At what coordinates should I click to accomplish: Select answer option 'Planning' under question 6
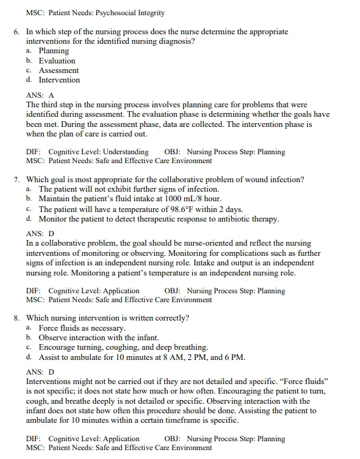tap(54, 51)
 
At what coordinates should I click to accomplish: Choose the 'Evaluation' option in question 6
tap(57, 61)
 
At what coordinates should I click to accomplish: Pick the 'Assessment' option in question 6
tap(58, 70)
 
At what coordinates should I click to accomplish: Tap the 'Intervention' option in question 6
tap(59, 80)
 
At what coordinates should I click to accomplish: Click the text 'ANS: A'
tap(40, 95)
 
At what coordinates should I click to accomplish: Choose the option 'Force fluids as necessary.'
tap(82, 328)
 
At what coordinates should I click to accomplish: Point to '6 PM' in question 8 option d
tap(232, 357)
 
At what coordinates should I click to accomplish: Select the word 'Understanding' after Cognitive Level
tap(125, 152)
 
